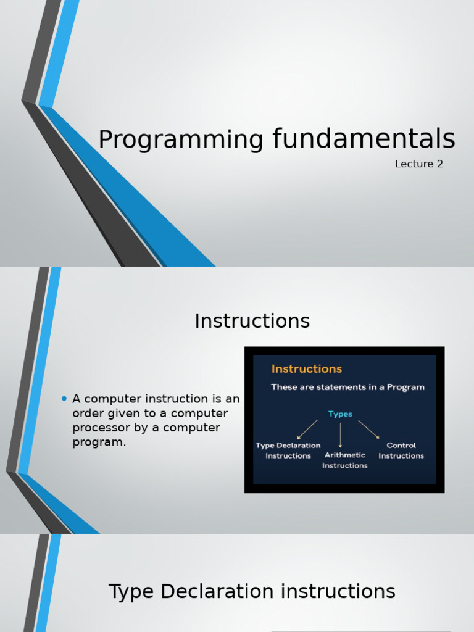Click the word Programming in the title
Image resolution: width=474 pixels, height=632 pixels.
[181, 139]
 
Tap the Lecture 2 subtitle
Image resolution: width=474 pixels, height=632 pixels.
[419, 164]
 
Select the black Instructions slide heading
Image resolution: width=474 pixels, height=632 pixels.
[252, 321]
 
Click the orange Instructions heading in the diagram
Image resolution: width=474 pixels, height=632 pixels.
[306, 369]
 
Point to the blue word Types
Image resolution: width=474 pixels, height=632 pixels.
[340, 414]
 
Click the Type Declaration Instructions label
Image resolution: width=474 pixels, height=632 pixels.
[288, 451]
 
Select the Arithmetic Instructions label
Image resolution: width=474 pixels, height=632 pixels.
[344, 460]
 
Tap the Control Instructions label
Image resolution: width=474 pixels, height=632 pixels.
[401, 451]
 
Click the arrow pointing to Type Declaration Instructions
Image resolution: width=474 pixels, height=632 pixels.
[307, 430]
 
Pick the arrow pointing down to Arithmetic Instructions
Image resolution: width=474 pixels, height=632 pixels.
[340, 435]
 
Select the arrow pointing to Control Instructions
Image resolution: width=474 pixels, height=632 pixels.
[369, 430]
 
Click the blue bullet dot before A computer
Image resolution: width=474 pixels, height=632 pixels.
[64, 399]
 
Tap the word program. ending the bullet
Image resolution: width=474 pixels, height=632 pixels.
[99, 442]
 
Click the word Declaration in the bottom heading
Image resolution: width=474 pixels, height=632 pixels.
[217, 592]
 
